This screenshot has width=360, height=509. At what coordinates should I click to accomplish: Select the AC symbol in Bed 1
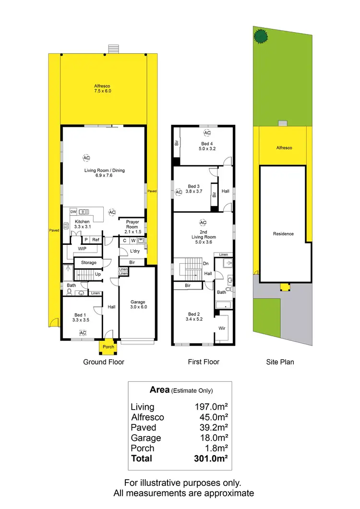[83, 333]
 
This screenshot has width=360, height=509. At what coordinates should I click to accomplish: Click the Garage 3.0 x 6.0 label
[138, 305]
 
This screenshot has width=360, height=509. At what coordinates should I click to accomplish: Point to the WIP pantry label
[82, 249]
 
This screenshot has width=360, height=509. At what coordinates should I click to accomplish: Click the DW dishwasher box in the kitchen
[73, 211]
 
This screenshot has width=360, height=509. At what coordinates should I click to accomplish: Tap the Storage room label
[89, 263]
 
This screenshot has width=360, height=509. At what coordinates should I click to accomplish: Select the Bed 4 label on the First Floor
[207, 146]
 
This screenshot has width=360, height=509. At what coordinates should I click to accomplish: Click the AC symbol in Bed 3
[179, 192]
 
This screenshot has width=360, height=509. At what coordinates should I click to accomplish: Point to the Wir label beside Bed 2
[222, 328]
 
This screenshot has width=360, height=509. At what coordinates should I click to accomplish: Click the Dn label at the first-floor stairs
[206, 264]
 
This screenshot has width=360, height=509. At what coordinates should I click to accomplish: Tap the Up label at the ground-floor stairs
[97, 274]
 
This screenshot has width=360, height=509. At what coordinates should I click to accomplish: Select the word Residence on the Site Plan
[283, 234]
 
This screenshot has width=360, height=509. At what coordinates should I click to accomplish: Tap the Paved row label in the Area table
[144, 427]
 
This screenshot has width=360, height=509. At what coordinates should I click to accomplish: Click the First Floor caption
[204, 362]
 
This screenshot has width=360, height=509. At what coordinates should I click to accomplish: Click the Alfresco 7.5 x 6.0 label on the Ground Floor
[102, 88]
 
